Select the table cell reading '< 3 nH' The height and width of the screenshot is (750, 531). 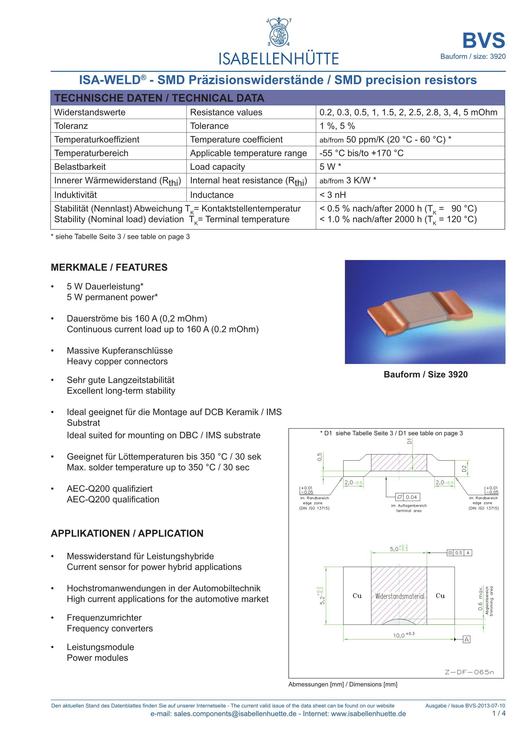[x=333, y=195]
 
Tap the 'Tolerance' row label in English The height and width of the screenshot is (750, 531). [x=209, y=126]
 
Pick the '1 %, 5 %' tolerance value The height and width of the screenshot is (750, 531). [x=337, y=126]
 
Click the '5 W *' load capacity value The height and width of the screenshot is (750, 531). [x=330, y=167]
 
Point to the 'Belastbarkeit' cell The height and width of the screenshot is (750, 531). [x=80, y=167]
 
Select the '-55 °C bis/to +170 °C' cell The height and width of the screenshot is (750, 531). [x=361, y=153]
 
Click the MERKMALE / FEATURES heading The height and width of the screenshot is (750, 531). [x=109, y=267]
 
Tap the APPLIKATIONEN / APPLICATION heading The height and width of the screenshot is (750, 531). [x=127, y=534]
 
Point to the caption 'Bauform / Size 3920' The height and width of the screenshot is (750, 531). [x=425, y=374]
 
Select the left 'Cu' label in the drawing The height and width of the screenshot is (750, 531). [x=357, y=596]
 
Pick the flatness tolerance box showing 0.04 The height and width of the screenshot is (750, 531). [x=407, y=497]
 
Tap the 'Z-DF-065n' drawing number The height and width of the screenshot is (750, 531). [x=469, y=672]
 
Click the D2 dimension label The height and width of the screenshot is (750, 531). [x=464, y=469]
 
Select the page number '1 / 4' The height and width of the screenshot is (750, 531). [x=499, y=722]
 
